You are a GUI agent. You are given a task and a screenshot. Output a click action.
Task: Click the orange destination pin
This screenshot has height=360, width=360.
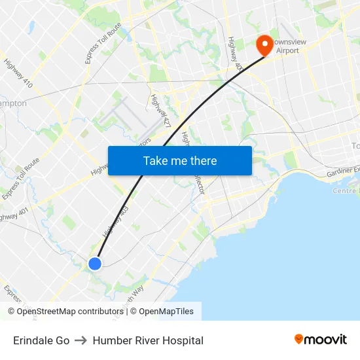click(x=265, y=45)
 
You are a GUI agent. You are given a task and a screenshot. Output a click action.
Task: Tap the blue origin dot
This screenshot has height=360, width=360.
click(x=94, y=264)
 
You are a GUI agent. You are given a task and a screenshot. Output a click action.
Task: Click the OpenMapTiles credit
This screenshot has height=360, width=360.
click(x=166, y=312)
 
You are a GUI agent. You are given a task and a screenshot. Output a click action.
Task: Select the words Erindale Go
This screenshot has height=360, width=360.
click(x=41, y=340)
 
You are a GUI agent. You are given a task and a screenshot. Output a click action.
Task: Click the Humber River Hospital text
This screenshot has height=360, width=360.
click(x=148, y=340)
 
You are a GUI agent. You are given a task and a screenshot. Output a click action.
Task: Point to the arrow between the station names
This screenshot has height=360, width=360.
click(x=81, y=340)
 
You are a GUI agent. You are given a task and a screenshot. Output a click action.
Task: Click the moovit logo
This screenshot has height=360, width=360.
click(x=320, y=340)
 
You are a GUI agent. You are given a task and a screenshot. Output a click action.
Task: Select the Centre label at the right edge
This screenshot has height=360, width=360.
click(x=345, y=191)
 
